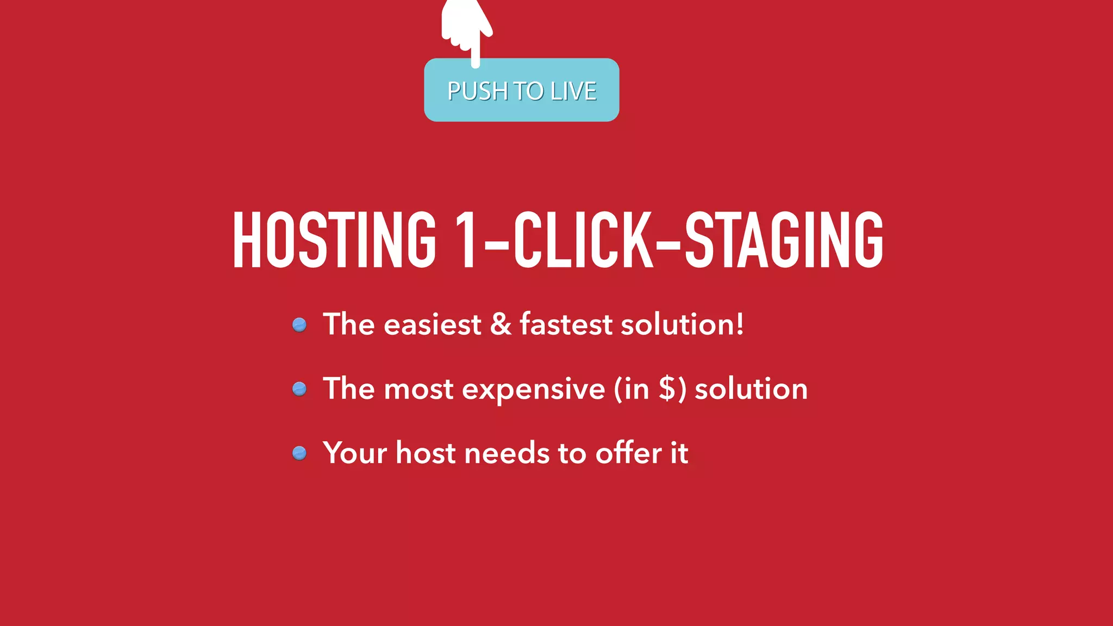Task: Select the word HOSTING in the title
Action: coord(334,240)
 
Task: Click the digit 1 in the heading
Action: coord(466,240)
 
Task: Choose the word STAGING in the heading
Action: coord(784,240)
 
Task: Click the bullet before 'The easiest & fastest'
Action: coord(299,325)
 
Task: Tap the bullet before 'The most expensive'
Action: coord(299,389)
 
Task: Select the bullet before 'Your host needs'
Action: coord(299,453)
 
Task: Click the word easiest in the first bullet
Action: coord(432,325)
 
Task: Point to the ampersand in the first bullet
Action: coord(501,324)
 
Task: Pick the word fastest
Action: coord(566,324)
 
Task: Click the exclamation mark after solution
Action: coord(739,324)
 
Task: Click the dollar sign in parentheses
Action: coord(667,389)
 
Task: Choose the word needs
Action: coord(507,454)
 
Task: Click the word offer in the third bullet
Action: coord(628,453)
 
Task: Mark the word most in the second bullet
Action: coord(418,390)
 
